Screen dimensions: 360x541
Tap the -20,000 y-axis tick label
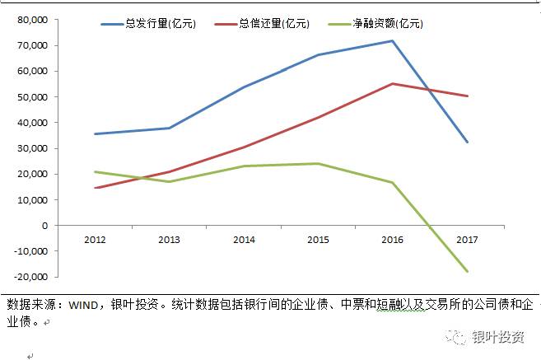tap(30, 276)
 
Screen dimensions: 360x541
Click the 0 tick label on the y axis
tap(44, 225)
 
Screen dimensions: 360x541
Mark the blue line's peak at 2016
tap(393, 40)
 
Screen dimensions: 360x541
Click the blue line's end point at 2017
tap(468, 142)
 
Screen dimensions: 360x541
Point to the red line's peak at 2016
tap(393, 83)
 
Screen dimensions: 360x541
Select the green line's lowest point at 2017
tap(468, 271)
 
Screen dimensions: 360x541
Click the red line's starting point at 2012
tap(96, 188)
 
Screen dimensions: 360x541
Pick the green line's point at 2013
tap(170, 181)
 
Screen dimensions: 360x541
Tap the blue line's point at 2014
tap(244, 87)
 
